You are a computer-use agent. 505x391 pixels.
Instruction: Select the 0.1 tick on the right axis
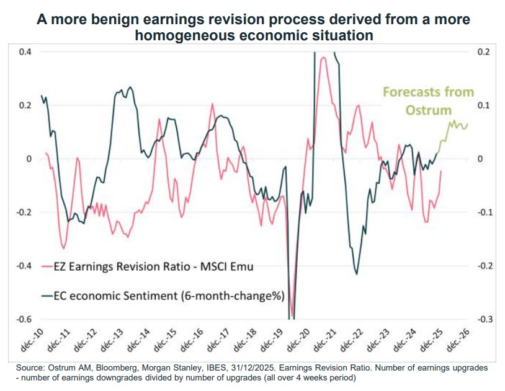click(x=483, y=105)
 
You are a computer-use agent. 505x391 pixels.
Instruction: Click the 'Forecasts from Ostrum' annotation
click(x=428, y=101)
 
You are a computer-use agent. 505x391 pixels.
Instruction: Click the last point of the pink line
click(x=441, y=171)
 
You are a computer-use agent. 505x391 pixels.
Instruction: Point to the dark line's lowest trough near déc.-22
click(x=357, y=273)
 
